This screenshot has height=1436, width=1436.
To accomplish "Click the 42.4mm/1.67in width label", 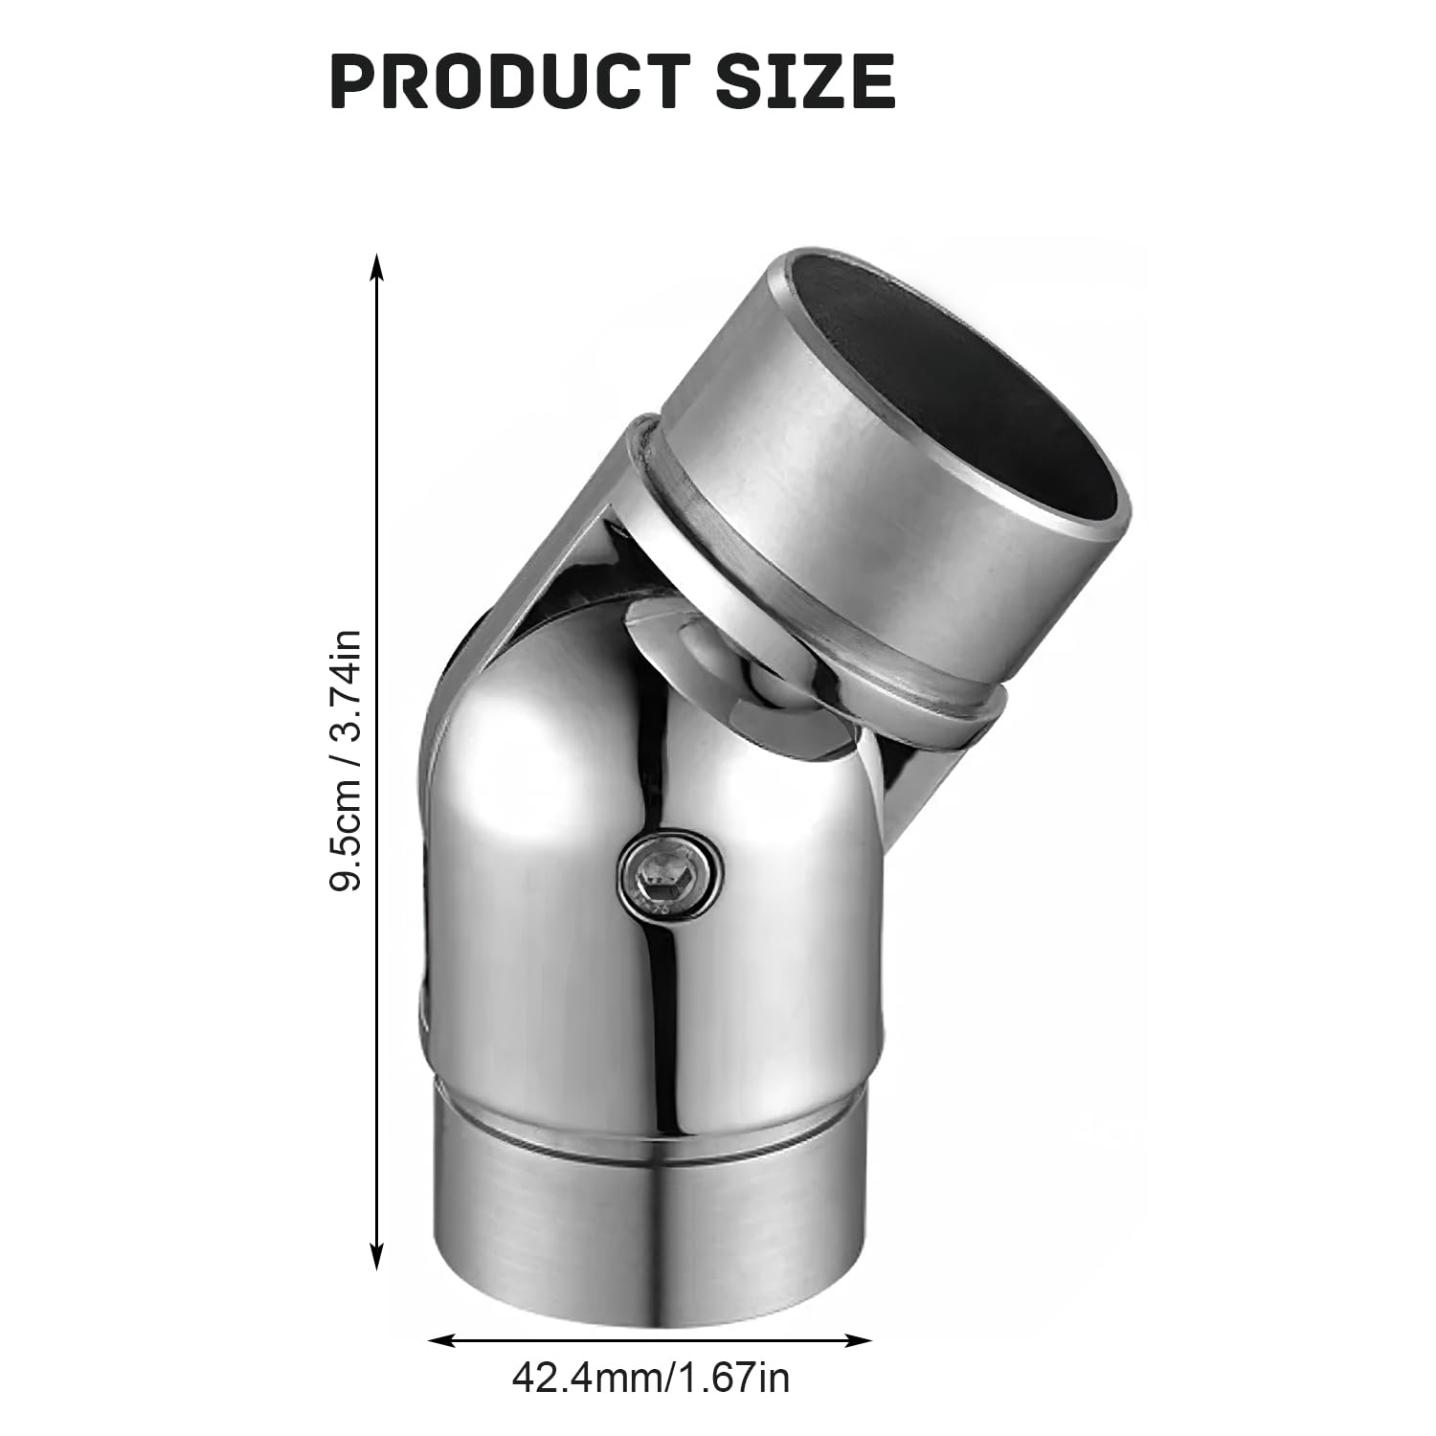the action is [x=651, y=1379].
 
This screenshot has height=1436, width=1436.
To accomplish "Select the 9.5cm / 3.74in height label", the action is [x=344, y=761].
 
